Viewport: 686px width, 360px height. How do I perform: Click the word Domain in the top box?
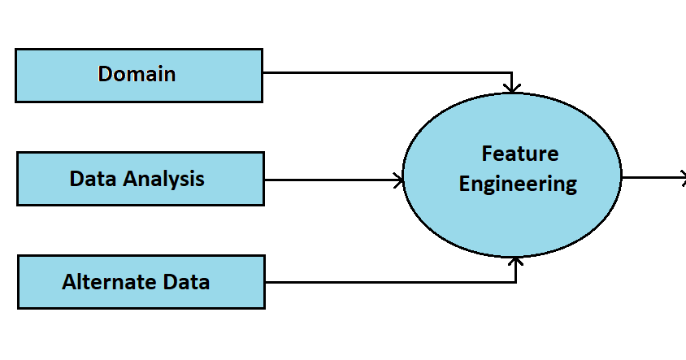click(137, 74)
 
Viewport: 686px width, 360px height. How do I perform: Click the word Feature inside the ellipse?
click(519, 153)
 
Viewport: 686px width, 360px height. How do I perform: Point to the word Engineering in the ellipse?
click(518, 184)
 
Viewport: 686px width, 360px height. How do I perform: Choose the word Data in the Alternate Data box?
click(184, 282)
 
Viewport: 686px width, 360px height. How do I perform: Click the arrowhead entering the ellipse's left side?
click(399, 180)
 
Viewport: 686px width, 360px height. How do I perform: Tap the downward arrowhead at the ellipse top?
click(511, 86)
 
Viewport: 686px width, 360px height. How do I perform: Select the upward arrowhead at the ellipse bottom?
click(515, 261)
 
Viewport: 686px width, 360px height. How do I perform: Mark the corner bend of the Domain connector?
click(511, 72)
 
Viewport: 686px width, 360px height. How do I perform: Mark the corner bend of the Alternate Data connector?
click(515, 282)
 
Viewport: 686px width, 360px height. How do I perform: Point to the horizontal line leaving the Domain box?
click(382, 72)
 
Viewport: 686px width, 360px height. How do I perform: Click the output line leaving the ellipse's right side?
click(650, 178)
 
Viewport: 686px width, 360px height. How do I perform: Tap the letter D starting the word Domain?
click(105, 74)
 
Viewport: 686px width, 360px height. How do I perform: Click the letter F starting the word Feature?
click(487, 153)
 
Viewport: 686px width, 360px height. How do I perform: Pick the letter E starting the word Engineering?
click(465, 184)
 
